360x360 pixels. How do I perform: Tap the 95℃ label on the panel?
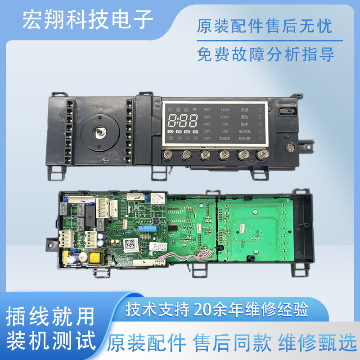pyautogui.click(x=207, y=109)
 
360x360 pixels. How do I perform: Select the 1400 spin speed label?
pyautogui.click(x=224, y=109)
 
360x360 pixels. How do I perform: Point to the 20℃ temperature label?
pyautogui.click(x=207, y=138)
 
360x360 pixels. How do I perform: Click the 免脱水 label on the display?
pyautogui.click(x=224, y=138)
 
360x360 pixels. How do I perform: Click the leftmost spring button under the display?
pyautogui.click(x=167, y=155)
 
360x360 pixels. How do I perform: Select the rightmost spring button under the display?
pyautogui.click(x=261, y=155)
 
